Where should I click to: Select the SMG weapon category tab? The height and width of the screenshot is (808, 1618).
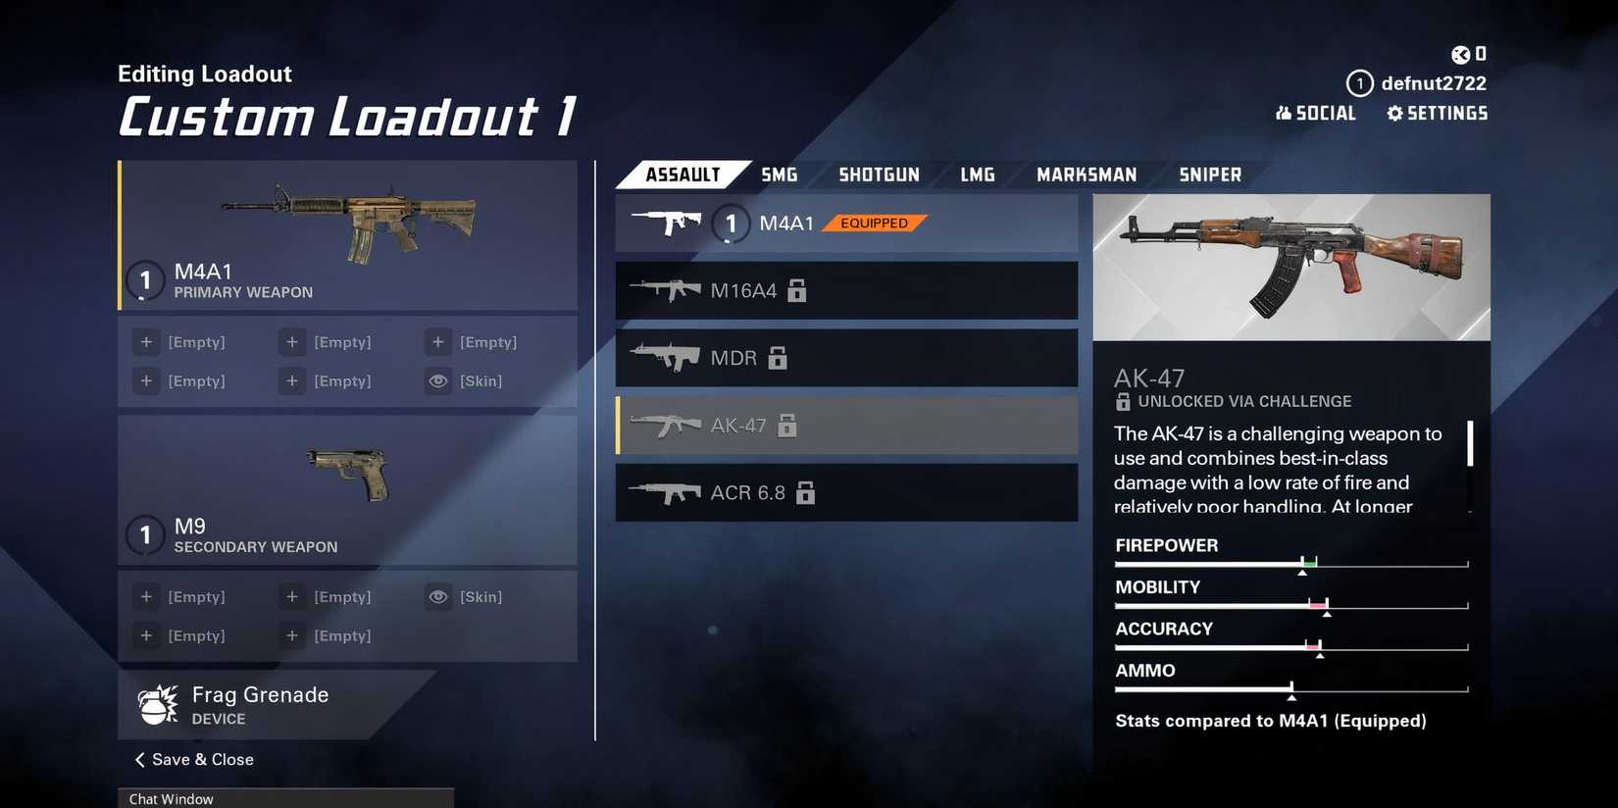tap(779, 175)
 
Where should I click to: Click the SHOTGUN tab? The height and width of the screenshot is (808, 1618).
tap(879, 175)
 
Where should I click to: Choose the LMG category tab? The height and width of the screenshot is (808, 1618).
tap(977, 175)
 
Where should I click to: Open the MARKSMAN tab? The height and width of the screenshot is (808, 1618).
tap(1087, 175)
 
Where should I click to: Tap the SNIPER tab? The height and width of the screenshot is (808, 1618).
tap(1209, 175)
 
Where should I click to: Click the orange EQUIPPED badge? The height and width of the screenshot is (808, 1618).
tap(874, 224)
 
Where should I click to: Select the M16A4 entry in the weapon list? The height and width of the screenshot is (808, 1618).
tap(845, 290)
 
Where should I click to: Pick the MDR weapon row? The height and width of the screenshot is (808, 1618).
tap(845, 358)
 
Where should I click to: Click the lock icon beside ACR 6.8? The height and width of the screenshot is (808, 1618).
tap(805, 493)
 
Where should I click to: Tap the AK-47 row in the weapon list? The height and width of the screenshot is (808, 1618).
tap(845, 426)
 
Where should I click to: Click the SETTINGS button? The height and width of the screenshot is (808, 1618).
tap(1437, 114)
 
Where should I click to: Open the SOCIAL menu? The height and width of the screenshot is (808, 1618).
tap(1315, 114)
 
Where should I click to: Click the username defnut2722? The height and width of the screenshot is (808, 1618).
tap(1433, 83)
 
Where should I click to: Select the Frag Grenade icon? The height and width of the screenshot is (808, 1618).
tap(158, 704)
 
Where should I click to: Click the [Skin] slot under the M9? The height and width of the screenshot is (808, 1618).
tap(480, 597)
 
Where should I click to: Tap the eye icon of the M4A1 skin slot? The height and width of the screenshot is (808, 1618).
tap(438, 380)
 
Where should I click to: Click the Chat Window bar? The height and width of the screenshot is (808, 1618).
tap(285, 798)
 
